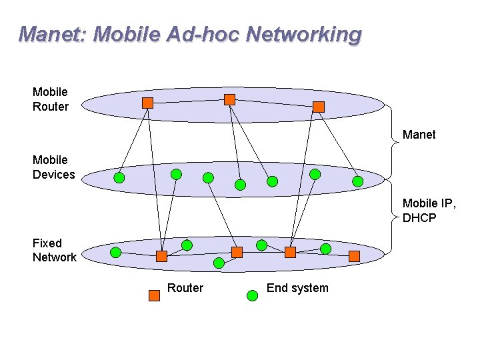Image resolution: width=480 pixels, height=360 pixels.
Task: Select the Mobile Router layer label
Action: [x=50, y=99]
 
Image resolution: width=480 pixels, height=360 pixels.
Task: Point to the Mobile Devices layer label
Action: [x=53, y=167]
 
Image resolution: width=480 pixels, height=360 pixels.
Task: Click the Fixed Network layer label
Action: [x=54, y=250]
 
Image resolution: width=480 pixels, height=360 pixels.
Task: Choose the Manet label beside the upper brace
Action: [x=419, y=135]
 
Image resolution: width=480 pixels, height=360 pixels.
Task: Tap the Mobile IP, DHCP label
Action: [x=429, y=210]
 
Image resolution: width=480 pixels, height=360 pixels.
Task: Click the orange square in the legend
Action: [x=154, y=295]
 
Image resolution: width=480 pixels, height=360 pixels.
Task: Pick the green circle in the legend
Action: [x=252, y=295]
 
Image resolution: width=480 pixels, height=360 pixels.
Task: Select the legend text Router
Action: [x=185, y=288]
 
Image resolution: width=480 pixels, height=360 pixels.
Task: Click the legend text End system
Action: [x=297, y=288]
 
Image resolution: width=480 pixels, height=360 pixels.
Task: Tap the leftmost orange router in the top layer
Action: [x=148, y=103]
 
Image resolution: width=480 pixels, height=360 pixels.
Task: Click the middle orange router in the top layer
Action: [x=229, y=99]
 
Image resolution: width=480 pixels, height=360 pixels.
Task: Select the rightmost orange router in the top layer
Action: [x=319, y=107]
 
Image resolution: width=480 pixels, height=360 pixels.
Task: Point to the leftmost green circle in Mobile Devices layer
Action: [x=119, y=178]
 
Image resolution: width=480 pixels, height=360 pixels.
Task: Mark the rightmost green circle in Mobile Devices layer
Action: [x=358, y=181]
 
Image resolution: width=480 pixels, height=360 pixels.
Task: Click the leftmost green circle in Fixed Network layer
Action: [x=115, y=253]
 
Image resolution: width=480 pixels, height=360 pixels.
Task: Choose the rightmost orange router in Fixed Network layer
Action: [x=354, y=256]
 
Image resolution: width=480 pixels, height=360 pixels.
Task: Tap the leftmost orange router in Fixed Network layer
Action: [x=161, y=256]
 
